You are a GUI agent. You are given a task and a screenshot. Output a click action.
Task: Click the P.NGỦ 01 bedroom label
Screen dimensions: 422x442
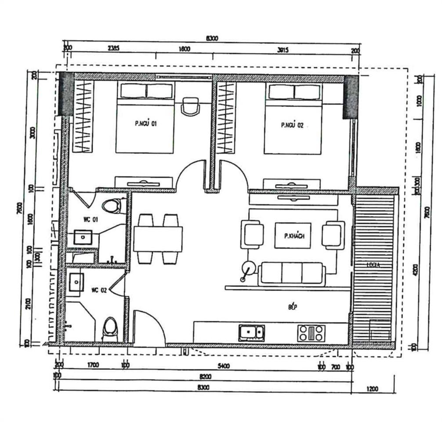(x=145, y=124)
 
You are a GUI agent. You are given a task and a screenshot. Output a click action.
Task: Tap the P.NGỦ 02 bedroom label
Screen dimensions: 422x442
(x=292, y=125)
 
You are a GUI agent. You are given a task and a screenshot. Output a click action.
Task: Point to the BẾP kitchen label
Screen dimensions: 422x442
(x=293, y=307)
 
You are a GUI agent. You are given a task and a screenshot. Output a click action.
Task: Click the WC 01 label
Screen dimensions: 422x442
(x=90, y=219)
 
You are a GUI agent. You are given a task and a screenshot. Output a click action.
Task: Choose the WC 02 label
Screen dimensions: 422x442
(x=99, y=290)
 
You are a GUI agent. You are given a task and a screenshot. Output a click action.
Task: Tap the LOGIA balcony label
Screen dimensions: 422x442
(x=374, y=265)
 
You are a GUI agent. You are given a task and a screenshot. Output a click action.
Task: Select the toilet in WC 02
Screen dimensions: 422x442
(x=110, y=329)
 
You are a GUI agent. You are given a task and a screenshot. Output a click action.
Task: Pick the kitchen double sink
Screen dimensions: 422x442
(x=251, y=333)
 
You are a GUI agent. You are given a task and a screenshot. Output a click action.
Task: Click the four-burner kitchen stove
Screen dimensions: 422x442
(x=311, y=333)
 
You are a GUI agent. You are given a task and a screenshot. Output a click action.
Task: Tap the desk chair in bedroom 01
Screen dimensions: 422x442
(x=190, y=106)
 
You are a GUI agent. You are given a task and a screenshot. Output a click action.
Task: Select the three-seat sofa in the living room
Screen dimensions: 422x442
(x=292, y=274)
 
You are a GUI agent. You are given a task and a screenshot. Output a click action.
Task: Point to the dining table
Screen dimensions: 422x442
(x=158, y=239)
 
